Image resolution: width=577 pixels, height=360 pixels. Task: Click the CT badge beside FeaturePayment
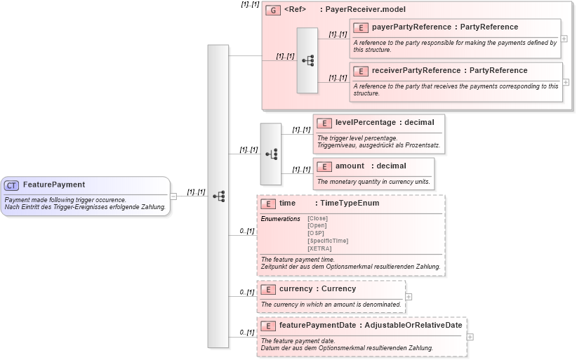pyautogui.click(x=11, y=185)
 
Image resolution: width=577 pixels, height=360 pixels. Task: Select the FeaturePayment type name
pyautogui.click(x=54, y=185)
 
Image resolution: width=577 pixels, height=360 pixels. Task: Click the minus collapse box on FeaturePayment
pyautogui.click(x=173, y=196)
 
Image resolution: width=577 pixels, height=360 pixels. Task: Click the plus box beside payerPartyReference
pyautogui.click(x=564, y=39)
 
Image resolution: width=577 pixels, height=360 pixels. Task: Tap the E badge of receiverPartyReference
pyautogui.click(x=360, y=71)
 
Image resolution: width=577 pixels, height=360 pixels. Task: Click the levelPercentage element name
pyautogui.click(x=365, y=123)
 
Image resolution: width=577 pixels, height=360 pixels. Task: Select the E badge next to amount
pyautogui.click(x=324, y=166)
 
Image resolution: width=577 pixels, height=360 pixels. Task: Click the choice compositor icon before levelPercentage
pyautogui.click(x=270, y=154)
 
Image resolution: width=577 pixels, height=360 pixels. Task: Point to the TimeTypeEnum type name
pyautogui.click(x=350, y=204)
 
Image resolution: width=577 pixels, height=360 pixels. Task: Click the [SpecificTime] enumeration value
pyautogui.click(x=328, y=241)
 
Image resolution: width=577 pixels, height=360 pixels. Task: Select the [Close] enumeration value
pyautogui.click(x=318, y=218)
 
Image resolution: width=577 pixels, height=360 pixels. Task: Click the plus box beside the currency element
pyautogui.click(x=409, y=296)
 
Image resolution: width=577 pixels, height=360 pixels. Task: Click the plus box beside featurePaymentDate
pyautogui.click(x=470, y=337)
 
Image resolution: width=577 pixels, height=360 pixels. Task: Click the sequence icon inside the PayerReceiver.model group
pyautogui.click(x=307, y=61)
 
